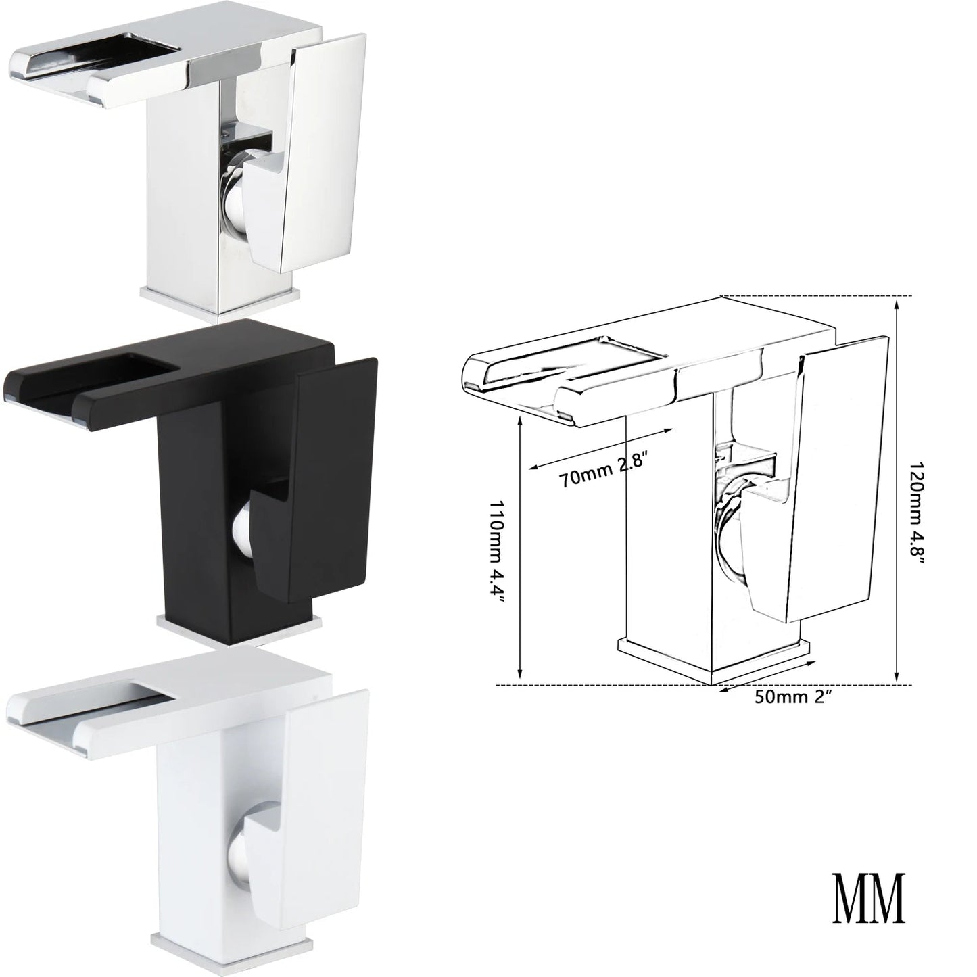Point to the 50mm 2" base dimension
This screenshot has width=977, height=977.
point(793,697)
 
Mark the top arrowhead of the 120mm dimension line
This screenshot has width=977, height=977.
point(897,303)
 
